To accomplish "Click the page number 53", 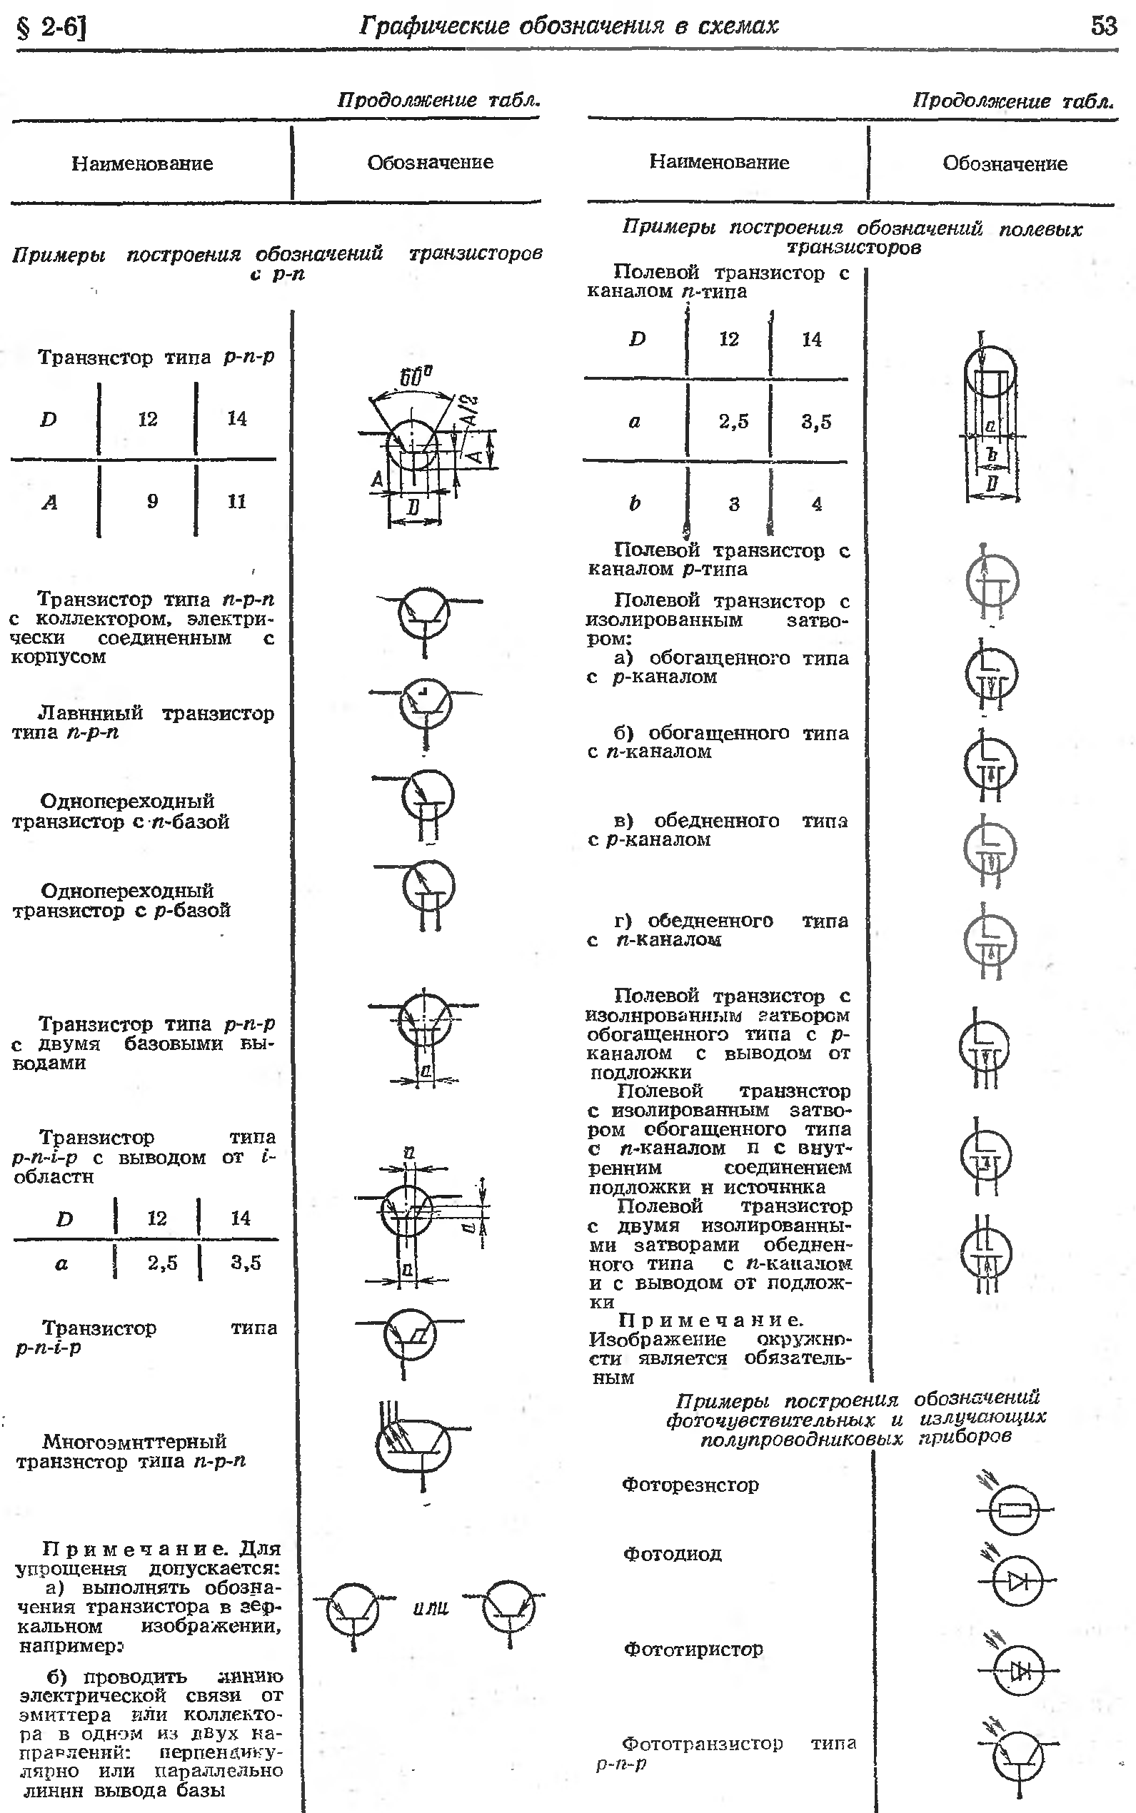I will click(x=1104, y=26).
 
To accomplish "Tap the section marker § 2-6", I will click(x=51, y=28).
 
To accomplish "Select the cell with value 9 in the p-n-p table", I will click(x=153, y=501).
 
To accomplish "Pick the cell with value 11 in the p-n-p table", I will click(x=236, y=501).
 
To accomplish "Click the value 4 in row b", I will click(x=817, y=504).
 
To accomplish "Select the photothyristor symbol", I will click(x=1019, y=1671).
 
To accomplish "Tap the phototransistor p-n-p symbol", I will click(x=1018, y=1757).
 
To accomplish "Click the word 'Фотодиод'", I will click(x=673, y=1554).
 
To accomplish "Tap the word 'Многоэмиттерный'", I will click(x=134, y=1441).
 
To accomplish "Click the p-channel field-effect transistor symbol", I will click(x=992, y=582).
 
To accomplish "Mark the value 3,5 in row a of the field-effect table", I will click(x=816, y=422).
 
